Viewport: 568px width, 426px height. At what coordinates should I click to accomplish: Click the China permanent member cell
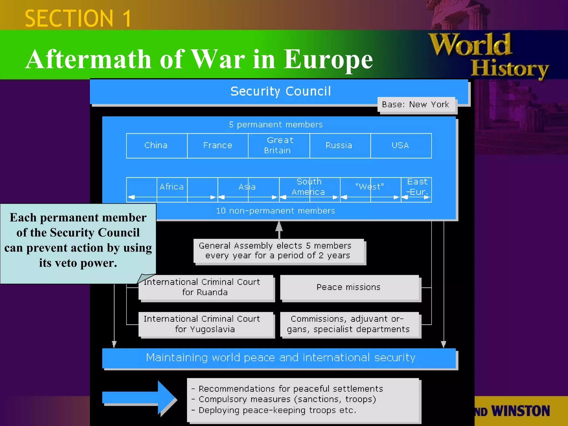coord(156,146)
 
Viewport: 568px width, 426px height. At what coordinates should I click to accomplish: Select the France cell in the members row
coord(218,146)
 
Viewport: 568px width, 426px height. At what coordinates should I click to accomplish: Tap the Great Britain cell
coord(279,146)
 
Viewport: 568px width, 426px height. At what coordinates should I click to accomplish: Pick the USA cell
coord(400,146)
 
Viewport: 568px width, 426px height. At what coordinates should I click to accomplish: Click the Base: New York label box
coord(416,105)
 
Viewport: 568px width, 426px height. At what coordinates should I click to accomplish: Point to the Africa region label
coord(172,187)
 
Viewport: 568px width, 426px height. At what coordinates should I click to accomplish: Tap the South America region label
coord(309,187)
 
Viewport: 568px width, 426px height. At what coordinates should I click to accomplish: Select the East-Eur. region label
coord(417,187)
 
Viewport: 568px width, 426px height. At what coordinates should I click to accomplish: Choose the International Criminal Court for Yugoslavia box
coord(205,324)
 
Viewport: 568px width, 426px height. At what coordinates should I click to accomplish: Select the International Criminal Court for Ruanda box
coord(205,287)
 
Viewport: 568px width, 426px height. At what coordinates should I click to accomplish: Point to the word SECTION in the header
coord(69,19)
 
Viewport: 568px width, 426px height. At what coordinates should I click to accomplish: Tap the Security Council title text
coord(280,92)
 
